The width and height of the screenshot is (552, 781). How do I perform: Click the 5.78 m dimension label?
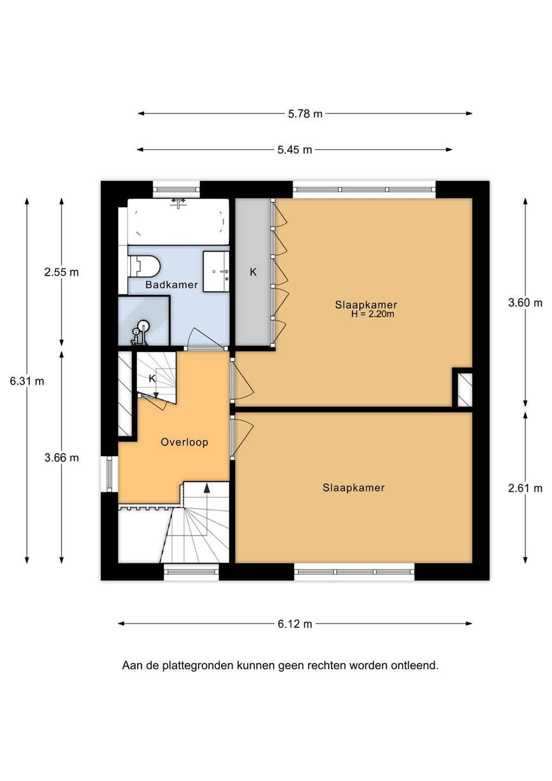[x=305, y=114]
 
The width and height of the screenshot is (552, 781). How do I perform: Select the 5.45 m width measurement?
[x=294, y=150]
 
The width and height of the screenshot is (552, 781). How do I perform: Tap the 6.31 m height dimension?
[x=27, y=381]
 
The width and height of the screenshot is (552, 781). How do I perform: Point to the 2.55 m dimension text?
[x=62, y=272]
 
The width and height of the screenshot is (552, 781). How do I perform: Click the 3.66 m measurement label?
[x=62, y=457]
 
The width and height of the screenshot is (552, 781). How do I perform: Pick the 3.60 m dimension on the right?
[x=525, y=303]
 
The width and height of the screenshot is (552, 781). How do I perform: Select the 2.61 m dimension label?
[x=525, y=489]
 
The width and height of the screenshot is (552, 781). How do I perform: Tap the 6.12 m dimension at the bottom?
[x=295, y=624]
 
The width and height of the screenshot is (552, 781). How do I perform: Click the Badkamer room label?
[x=171, y=285]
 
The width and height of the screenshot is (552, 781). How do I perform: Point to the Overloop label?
[x=184, y=442]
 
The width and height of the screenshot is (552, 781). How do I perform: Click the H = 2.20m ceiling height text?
[x=373, y=314]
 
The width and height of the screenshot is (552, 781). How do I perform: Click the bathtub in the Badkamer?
[x=178, y=221]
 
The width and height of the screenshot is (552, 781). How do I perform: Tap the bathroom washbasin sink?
[x=216, y=271]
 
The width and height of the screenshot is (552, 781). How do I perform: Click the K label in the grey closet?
[x=253, y=272]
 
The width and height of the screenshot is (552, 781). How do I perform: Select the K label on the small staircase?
[x=152, y=379]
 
